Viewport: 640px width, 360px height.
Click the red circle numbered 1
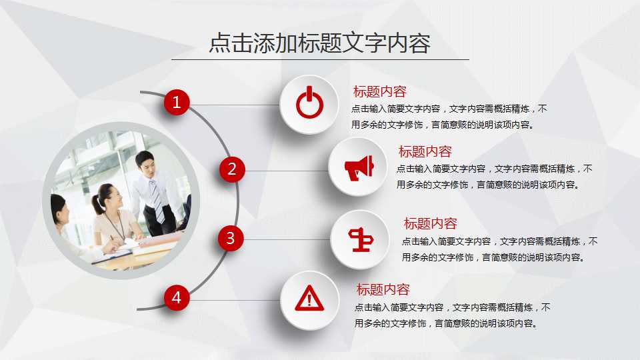(x=177, y=102)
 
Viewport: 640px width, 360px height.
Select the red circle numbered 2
(x=232, y=169)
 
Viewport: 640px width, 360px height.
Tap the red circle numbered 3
(x=230, y=238)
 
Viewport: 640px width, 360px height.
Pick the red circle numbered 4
(x=176, y=297)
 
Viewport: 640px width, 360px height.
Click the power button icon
(x=309, y=104)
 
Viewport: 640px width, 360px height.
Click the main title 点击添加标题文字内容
(x=319, y=43)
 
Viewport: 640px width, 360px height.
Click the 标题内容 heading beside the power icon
(x=379, y=92)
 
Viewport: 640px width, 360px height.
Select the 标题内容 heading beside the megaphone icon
(x=425, y=152)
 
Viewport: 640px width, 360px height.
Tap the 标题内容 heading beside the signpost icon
(x=430, y=224)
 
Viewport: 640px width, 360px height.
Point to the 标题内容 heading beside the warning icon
(x=383, y=290)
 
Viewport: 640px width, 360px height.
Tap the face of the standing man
(x=146, y=163)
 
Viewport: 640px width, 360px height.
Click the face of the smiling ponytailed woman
(x=111, y=198)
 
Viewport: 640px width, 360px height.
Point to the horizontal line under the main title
(x=319, y=59)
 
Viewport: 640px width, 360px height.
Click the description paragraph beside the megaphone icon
(x=494, y=177)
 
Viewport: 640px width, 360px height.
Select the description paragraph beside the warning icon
(x=452, y=315)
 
